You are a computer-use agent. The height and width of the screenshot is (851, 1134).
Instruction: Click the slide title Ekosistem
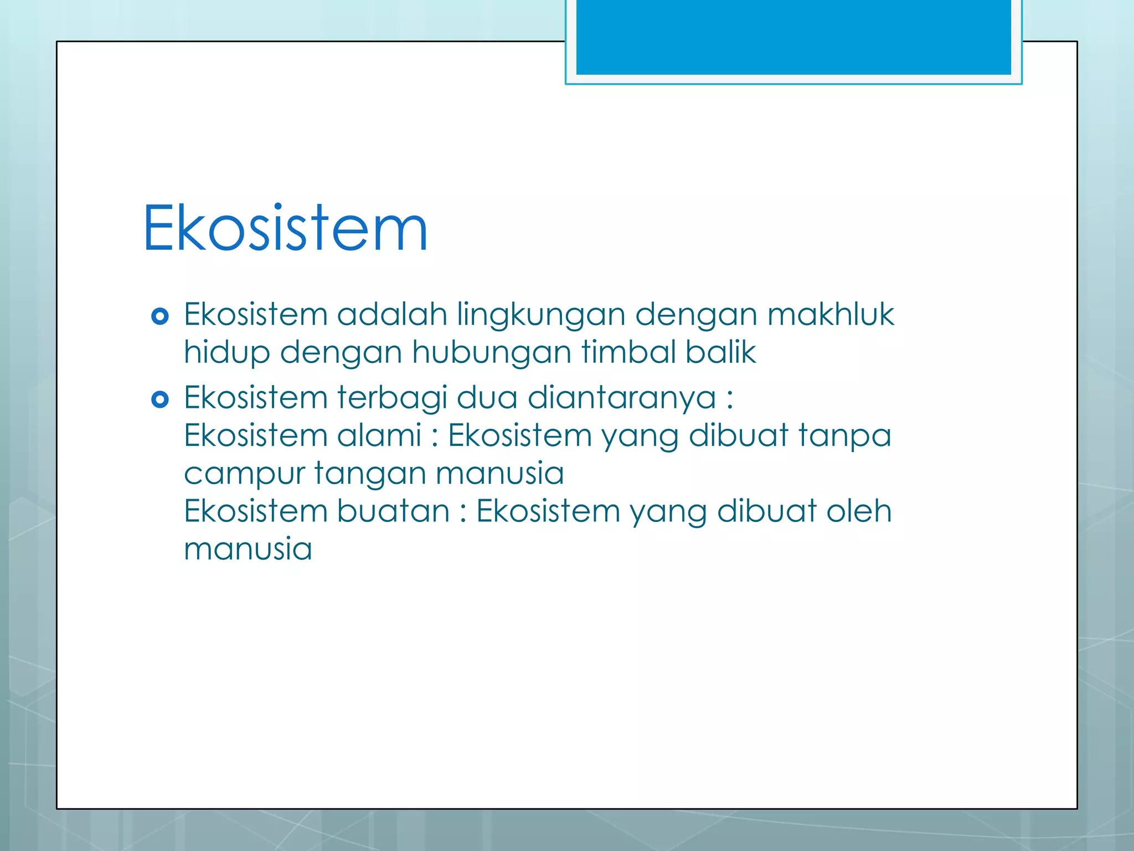pos(285,228)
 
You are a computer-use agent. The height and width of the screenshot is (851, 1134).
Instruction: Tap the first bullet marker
pos(160,316)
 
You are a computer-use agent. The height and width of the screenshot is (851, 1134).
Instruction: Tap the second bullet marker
pos(160,399)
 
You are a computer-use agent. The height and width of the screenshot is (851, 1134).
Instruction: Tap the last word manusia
pos(248,548)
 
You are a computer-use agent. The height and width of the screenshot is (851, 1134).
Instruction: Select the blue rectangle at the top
pos(793,37)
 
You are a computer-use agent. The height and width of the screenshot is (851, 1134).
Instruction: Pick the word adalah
pos(391,314)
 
